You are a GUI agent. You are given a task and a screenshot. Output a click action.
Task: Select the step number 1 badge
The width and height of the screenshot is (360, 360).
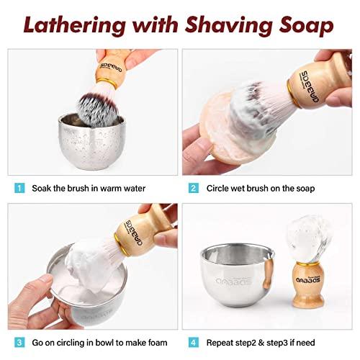pyautogui.click(x=19, y=189)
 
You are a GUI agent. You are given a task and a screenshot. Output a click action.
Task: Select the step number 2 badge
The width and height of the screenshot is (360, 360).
pyautogui.click(x=194, y=189)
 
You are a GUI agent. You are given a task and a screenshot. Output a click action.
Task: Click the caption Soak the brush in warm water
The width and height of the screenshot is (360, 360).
pyautogui.click(x=89, y=189)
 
